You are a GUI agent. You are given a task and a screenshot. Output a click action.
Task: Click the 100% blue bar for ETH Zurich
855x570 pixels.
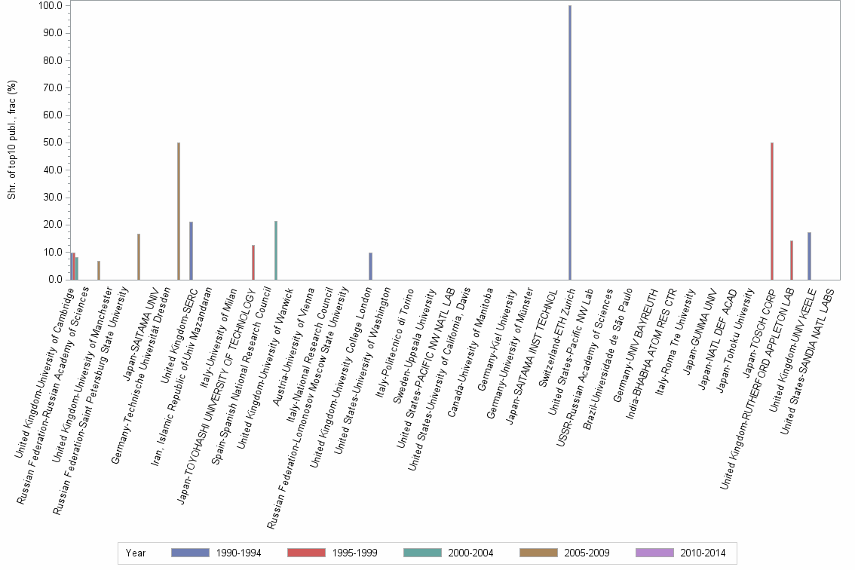570,142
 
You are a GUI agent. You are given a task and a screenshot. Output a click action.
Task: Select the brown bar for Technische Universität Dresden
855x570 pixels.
178,211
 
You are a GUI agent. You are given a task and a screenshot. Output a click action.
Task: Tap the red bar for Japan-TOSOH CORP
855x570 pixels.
771,211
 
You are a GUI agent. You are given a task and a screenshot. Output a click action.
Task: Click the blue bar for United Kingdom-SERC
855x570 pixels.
192,251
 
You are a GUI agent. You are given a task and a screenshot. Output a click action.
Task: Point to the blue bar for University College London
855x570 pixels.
370,266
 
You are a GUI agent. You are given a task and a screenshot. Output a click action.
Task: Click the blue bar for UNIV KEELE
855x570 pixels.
809,256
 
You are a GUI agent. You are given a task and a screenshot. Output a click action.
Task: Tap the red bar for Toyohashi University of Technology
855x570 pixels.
253,262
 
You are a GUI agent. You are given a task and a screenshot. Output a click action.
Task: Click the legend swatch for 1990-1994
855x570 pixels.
190,553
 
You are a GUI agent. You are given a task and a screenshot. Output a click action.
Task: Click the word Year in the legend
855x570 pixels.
136,553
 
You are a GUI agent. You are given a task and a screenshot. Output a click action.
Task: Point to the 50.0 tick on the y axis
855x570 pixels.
54,142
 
